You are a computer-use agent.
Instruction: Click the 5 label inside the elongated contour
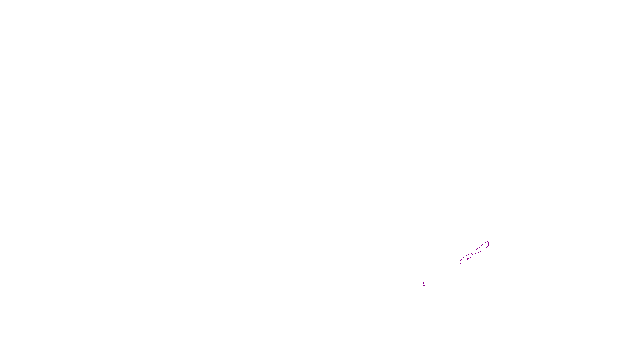pyautogui.click(x=468, y=260)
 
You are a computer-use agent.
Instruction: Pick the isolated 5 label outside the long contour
pyautogui.click(x=424, y=284)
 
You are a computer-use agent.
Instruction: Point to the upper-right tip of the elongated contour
pyautogui.click(x=488, y=242)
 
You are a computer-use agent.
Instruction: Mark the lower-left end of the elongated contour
pyautogui.click(x=461, y=263)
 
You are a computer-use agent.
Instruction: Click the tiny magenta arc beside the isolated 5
pyautogui.click(x=419, y=284)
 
